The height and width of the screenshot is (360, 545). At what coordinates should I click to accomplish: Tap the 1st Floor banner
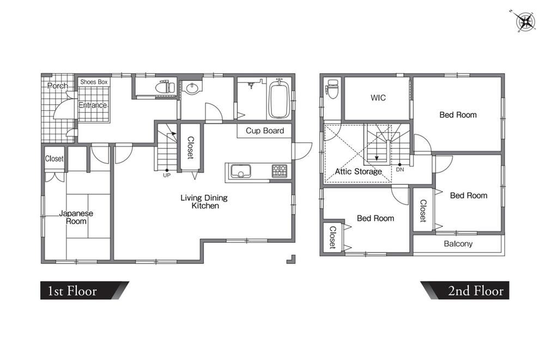click(84, 290)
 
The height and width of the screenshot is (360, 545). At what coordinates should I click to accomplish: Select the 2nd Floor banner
click(465, 290)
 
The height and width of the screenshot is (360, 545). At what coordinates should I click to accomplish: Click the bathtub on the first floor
click(279, 98)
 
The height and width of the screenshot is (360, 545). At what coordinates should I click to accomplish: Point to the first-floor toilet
click(165, 87)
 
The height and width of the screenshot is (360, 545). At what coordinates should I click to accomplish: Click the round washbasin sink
click(191, 88)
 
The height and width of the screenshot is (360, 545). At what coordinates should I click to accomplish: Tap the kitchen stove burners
click(280, 171)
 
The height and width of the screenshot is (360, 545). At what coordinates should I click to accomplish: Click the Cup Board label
click(265, 131)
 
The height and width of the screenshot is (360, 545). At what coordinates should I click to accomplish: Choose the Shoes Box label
click(94, 82)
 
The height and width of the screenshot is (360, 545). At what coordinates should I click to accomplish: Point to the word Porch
click(58, 86)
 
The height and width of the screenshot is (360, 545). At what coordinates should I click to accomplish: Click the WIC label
click(378, 98)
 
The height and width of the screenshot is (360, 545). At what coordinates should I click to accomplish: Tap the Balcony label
click(458, 244)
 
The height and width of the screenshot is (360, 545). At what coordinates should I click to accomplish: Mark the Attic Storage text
click(359, 171)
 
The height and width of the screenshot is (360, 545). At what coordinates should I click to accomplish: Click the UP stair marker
click(167, 175)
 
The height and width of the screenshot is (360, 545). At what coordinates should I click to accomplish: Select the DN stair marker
click(400, 170)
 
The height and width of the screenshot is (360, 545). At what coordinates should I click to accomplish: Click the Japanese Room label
click(76, 218)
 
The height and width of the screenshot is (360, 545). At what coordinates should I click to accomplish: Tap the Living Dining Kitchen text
click(204, 202)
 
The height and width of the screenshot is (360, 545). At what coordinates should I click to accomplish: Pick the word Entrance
click(93, 105)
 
